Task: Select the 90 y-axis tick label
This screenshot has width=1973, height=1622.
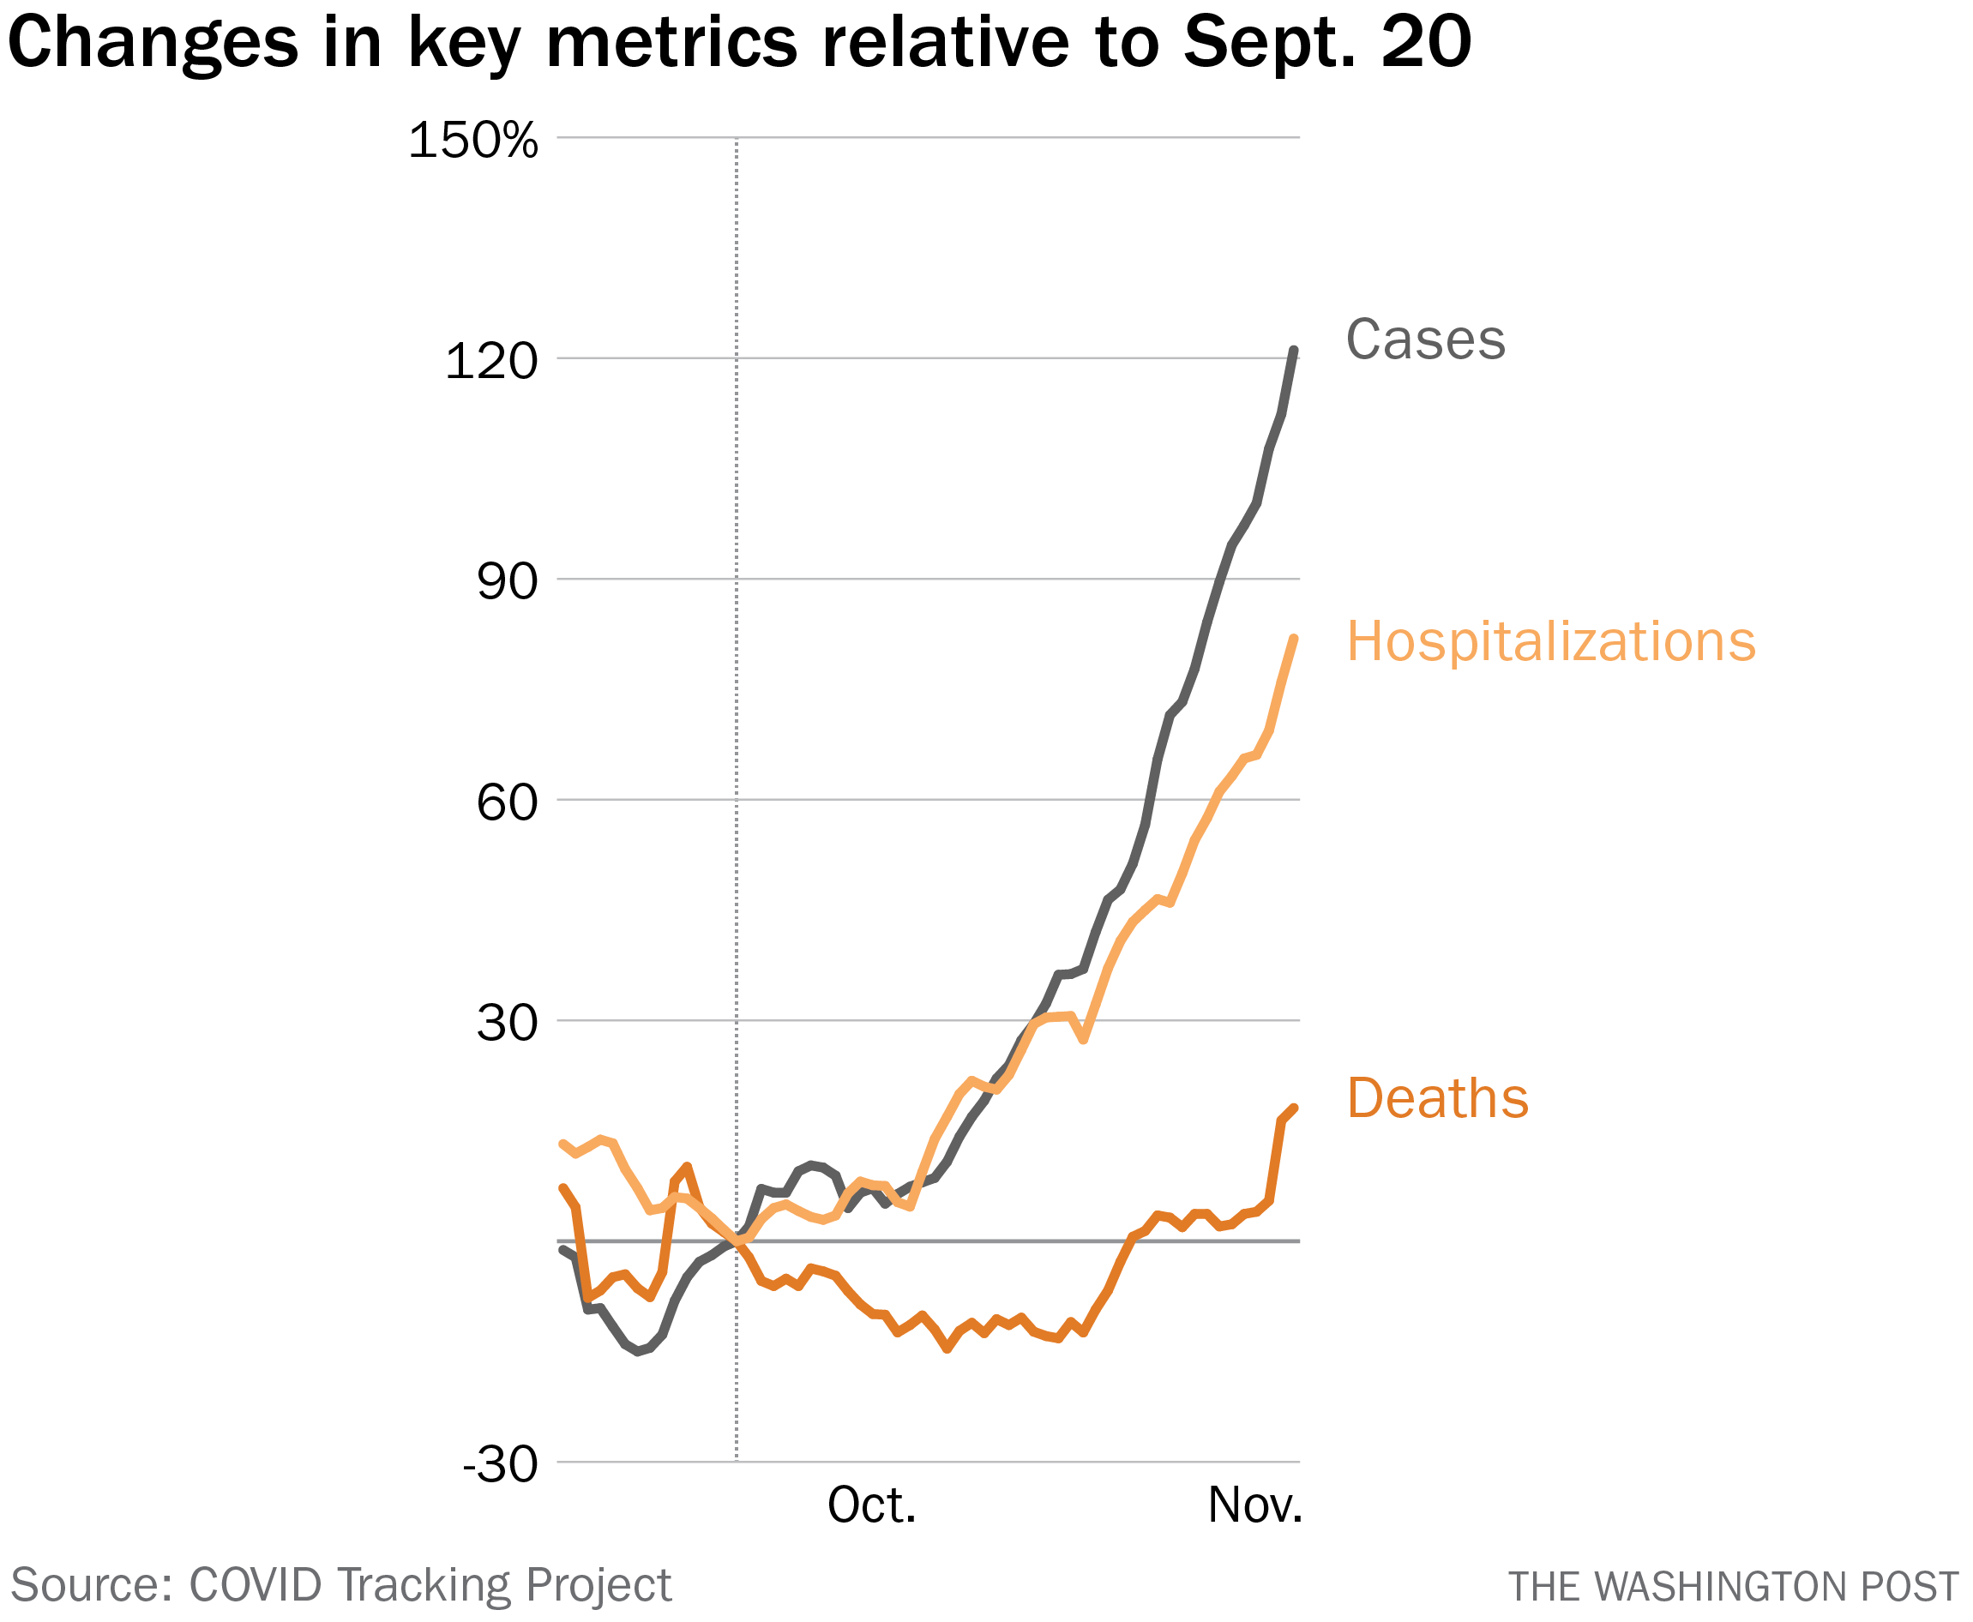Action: [x=507, y=582]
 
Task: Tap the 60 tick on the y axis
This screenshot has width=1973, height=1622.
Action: [x=507, y=802]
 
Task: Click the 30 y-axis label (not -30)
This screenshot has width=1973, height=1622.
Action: [x=507, y=1024]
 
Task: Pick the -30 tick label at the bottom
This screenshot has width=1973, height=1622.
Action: [x=500, y=1465]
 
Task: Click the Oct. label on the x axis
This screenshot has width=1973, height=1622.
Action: [x=871, y=1505]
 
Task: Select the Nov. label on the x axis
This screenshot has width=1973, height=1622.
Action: [x=1254, y=1505]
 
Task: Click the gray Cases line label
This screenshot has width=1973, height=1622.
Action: [x=1424, y=339]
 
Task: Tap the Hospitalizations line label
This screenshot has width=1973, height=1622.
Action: [x=1550, y=642]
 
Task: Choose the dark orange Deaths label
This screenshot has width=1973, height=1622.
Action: [x=1436, y=1098]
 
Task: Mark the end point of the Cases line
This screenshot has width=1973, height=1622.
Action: [x=1294, y=351]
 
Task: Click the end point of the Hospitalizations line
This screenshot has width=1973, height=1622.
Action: [x=1294, y=639]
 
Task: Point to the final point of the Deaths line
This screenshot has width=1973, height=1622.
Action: [x=1294, y=1108]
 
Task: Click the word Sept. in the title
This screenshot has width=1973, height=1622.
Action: [x=1268, y=42]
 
